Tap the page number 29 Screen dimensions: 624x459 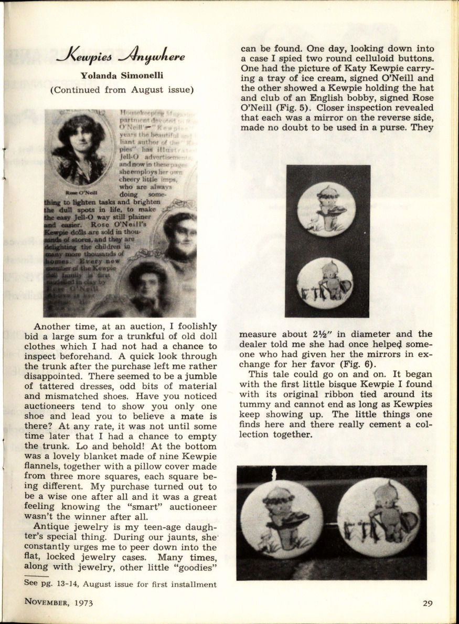pyautogui.click(x=428, y=603)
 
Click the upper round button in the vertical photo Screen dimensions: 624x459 pyautogui.click(x=328, y=209)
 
